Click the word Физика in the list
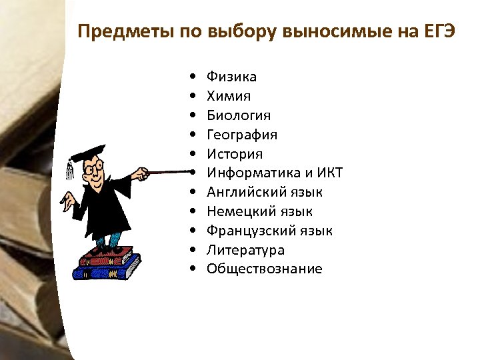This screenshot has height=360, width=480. coord(231,77)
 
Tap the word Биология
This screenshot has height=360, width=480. coord(238,116)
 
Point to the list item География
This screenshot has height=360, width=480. coord(241,135)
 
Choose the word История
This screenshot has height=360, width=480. coord(234,154)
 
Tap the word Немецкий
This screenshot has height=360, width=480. coord(238,211)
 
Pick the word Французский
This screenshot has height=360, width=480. coord(249,231)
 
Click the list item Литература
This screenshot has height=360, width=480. coord(245,250)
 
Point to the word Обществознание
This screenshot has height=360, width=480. coord(264,269)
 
